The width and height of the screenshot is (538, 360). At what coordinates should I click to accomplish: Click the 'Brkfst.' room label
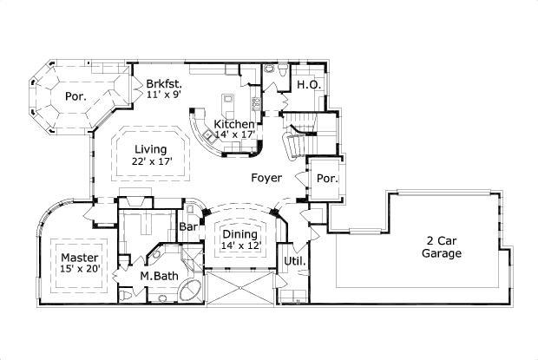click(x=162, y=84)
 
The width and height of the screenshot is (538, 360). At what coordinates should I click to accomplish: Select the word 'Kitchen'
click(x=233, y=125)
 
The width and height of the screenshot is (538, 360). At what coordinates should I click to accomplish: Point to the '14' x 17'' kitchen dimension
click(x=235, y=135)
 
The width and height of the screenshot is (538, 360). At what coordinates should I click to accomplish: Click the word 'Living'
click(x=151, y=149)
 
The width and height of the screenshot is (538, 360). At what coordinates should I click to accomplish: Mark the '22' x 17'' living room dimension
click(x=152, y=161)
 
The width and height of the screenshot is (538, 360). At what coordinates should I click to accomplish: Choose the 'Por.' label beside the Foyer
click(x=327, y=179)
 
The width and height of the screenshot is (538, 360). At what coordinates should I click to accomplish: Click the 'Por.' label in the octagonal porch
click(x=75, y=96)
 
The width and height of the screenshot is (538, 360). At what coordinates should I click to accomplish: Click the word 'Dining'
click(x=239, y=234)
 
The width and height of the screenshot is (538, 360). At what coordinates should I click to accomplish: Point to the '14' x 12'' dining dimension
click(x=239, y=245)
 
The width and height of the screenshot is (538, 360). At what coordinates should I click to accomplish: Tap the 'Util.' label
click(x=292, y=260)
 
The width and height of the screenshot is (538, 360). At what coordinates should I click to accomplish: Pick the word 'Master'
click(x=78, y=259)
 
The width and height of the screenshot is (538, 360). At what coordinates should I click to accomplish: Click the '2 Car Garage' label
click(x=443, y=247)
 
